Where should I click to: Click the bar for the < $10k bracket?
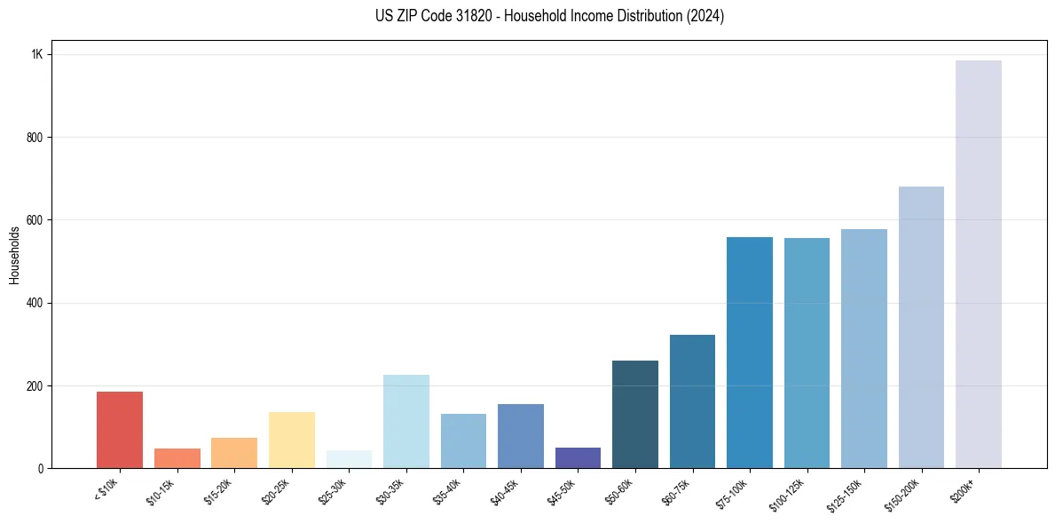[x=120, y=430]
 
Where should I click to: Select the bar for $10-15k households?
[x=177, y=458]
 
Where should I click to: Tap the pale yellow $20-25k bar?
[x=292, y=440]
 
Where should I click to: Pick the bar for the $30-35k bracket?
[x=406, y=421]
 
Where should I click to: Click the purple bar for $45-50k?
[x=578, y=457]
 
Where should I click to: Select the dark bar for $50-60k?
[x=635, y=414]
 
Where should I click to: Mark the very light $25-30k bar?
[x=349, y=459]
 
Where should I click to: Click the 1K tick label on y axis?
[x=36, y=54]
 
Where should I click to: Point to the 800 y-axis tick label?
[x=35, y=138]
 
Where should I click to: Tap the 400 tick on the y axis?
[x=35, y=303]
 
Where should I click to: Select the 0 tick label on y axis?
[x=40, y=469]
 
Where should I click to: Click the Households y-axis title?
[x=14, y=255]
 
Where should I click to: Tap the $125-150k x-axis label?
[x=847, y=494]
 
